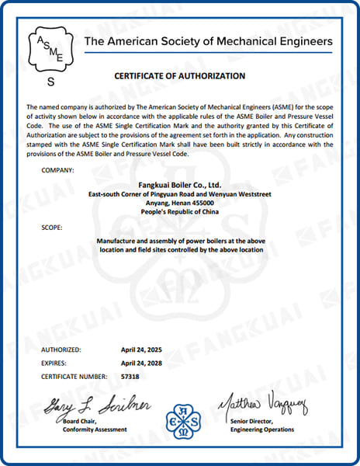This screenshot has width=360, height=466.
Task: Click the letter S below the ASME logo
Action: (52, 81)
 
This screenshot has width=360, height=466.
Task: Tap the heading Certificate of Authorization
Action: (180, 76)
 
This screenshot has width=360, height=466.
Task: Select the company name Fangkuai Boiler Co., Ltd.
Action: (179, 185)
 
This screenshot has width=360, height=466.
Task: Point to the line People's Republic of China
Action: (179, 210)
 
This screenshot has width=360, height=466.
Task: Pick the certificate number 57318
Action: (132, 376)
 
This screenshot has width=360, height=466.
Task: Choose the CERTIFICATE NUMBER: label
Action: (74, 376)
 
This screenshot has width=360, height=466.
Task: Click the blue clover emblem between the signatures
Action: (181, 420)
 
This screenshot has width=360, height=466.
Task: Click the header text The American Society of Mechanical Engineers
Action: (208, 41)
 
